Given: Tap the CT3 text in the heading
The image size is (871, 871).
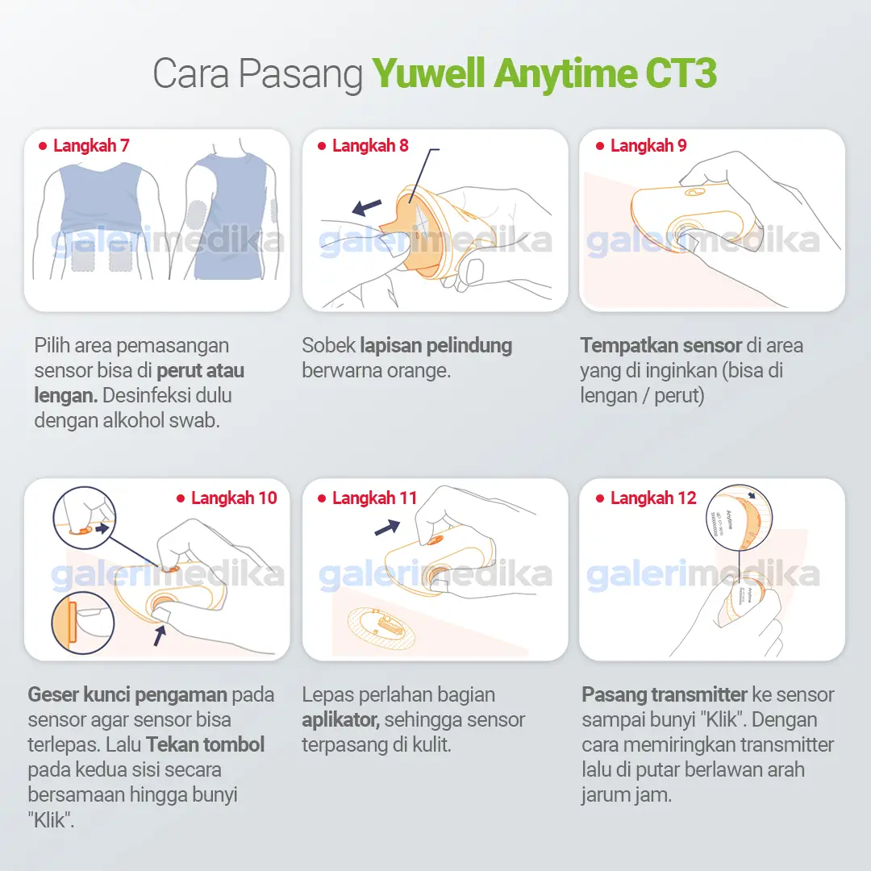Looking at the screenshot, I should tap(681, 74).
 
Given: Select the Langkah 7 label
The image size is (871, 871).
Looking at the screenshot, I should tap(91, 146).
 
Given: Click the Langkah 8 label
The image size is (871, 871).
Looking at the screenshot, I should tap(370, 146).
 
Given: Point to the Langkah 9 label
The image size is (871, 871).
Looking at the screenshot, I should tap(648, 146).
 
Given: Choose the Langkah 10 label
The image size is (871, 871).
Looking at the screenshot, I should tap(234, 498).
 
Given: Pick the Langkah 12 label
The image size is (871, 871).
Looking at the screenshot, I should tap(653, 498).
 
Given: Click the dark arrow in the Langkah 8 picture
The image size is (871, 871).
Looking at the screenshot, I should tap(367, 207).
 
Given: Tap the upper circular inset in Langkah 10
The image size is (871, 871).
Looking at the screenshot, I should tap(85, 517).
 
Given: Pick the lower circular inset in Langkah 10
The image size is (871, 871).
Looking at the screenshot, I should tap(83, 623).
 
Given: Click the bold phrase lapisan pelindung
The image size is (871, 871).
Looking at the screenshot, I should tap(435, 346).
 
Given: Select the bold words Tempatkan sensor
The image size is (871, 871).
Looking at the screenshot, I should tap(661, 346).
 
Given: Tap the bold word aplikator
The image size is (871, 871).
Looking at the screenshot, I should tap(340, 719).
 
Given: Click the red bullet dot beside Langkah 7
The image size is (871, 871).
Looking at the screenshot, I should tap(43, 146).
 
